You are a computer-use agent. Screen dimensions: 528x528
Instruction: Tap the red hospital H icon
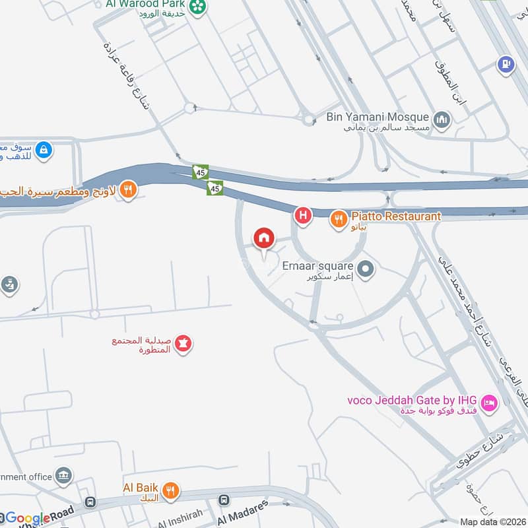click(x=303, y=214)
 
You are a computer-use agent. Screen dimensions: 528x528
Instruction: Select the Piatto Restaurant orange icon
click(x=339, y=218)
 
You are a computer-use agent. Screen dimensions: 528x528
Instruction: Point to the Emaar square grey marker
click(x=367, y=268)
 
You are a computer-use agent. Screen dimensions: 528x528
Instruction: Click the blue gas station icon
click(x=506, y=64)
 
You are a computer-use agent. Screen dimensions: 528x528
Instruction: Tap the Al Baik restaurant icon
click(x=171, y=490)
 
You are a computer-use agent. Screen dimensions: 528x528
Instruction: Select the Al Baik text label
click(x=139, y=488)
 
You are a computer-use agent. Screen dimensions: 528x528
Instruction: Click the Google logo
click(x=26, y=518)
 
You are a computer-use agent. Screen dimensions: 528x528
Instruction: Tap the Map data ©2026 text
click(x=493, y=522)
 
